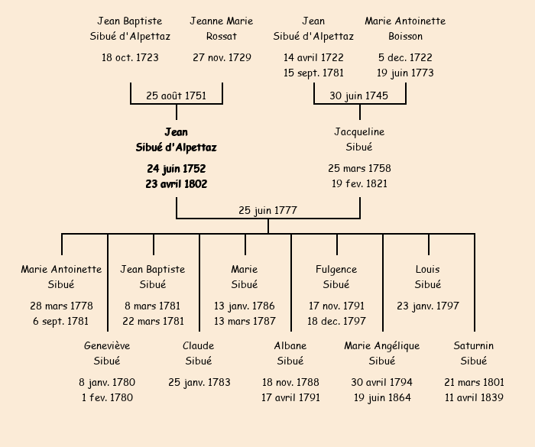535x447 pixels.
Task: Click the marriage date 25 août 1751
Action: [x=177, y=96]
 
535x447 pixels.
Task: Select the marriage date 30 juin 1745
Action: [x=359, y=96]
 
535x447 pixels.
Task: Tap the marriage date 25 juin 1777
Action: [x=267, y=210]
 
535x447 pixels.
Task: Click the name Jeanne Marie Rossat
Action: [x=222, y=28]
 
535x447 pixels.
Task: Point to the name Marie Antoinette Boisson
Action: [x=405, y=28]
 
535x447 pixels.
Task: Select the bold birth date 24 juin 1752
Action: [x=177, y=168]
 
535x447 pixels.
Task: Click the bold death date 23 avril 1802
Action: [x=177, y=183]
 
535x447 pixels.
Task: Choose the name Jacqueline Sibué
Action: [x=359, y=139]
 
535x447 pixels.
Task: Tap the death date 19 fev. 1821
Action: [x=359, y=183]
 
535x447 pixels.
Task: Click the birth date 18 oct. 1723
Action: [x=130, y=57]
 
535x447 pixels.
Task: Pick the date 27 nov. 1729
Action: [x=222, y=57]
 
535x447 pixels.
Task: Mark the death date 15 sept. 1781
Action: [x=313, y=73]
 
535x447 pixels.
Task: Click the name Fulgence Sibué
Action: [x=336, y=277]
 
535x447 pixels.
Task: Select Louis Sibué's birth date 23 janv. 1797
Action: [x=428, y=306]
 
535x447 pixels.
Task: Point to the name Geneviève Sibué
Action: [x=107, y=353]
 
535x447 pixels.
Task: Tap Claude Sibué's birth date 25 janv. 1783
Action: [x=199, y=382]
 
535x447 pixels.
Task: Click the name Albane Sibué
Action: [x=290, y=353]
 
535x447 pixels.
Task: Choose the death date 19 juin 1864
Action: [x=382, y=397]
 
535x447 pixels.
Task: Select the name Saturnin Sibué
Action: [x=474, y=353]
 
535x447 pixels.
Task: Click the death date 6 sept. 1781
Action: [x=61, y=321]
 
